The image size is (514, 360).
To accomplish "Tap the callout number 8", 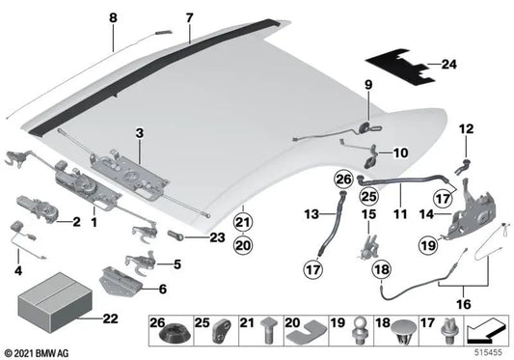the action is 113,17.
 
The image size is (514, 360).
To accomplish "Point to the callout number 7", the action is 189,17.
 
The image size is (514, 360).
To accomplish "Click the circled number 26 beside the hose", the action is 343,180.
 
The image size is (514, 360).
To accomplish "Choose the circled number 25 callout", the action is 368,196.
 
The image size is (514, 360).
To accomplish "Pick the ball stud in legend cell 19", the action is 358,331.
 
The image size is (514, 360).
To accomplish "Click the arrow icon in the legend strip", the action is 486,329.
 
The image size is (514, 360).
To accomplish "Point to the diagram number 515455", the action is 488,352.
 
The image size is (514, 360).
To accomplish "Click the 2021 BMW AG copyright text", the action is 37,353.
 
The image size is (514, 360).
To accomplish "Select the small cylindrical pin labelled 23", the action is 176,235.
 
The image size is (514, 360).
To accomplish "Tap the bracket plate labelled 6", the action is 121,282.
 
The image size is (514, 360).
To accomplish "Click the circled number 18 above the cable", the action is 382,269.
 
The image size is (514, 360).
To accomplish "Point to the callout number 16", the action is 464,304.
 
